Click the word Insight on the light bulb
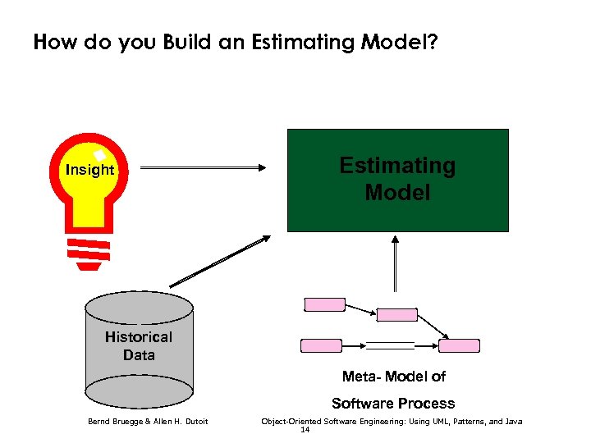tap(89, 170)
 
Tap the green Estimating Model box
tap(397, 180)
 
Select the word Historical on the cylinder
tap(139, 336)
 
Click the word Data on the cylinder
tap(139, 354)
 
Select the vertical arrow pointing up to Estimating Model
tap(396, 263)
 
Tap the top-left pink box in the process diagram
tap(324, 305)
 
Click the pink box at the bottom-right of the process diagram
tap(459, 345)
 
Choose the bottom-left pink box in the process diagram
tap(321, 345)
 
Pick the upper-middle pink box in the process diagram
tap(396, 314)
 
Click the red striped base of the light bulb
tap(88, 253)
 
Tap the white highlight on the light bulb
tap(99, 154)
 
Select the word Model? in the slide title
tap(400, 43)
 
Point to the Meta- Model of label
tap(393, 377)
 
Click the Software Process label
tap(393, 403)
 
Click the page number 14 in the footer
tap(305, 429)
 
